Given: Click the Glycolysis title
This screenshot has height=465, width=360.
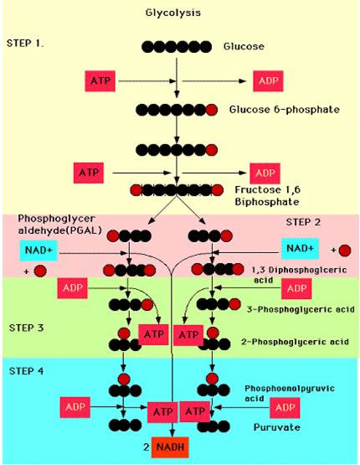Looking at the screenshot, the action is point(173,13).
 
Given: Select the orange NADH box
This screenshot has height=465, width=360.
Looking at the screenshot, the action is point(170,447).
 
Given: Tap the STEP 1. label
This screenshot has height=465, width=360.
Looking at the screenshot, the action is point(25,44).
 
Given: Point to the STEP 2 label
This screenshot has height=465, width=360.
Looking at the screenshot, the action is point(303,222).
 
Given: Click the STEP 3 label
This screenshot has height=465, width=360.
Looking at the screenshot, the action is point(26,328).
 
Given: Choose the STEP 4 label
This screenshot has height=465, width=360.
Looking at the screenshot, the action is point(26,371).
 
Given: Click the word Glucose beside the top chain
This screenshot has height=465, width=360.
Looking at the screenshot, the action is point(244,47).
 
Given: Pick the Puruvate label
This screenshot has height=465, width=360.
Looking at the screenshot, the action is point(277,427).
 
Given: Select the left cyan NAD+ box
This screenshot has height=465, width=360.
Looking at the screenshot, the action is point(39,250).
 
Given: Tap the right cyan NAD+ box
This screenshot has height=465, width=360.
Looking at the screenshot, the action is point(301,248).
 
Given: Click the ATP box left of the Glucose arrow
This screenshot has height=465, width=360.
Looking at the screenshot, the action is point(100,80).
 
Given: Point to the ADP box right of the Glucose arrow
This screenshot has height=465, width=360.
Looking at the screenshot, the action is point(268,81).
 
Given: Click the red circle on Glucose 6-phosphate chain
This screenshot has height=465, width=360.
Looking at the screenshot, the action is point(211,110).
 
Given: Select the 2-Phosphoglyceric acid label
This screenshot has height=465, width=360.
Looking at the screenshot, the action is point(295,342).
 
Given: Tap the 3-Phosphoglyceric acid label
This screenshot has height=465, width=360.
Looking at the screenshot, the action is point(301,309).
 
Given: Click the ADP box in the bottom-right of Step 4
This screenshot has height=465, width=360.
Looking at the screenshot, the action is point(285,408).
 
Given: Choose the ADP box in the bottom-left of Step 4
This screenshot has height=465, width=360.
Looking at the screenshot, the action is point(75,407).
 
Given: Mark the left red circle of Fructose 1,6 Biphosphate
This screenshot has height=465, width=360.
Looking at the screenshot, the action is point(136,190).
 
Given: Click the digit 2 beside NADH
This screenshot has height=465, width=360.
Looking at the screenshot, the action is point(146,447).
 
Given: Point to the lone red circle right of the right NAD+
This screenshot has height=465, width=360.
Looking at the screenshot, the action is point(345,251).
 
